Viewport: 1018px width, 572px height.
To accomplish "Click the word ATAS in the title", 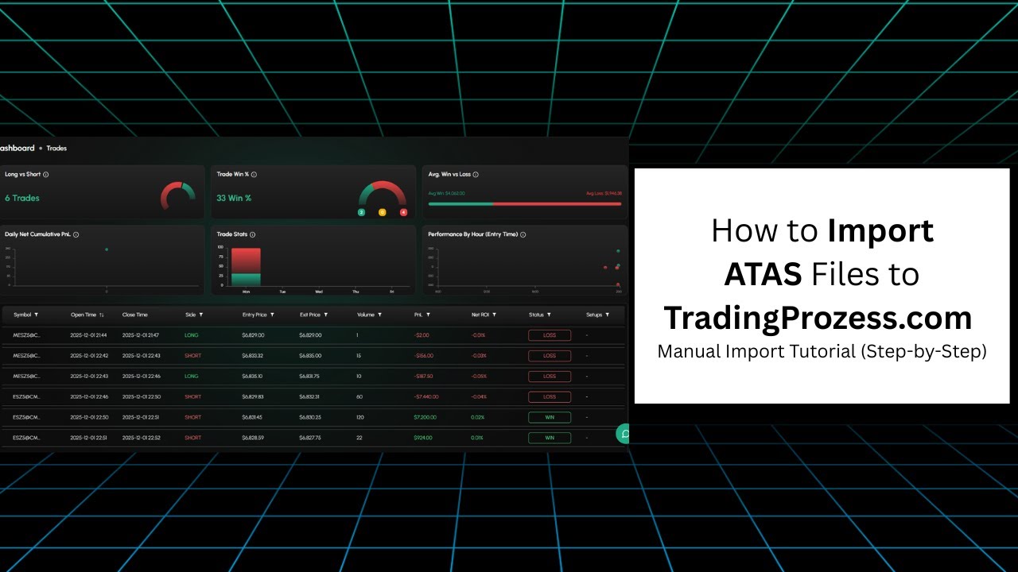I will pos(762,274).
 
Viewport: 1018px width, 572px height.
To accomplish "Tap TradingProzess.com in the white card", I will pos(818,318).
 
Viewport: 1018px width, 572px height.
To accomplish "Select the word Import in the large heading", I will pos(880,230).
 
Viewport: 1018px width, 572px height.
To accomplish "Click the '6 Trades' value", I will pos(22,198).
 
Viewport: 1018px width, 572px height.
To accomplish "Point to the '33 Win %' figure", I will pos(234,198).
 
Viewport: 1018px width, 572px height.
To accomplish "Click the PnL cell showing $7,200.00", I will pos(425,417).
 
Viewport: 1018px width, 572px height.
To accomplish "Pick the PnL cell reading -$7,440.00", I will pos(426,396).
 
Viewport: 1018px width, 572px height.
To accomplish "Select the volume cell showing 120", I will pos(362,417).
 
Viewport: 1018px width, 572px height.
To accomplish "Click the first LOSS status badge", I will pos(550,335).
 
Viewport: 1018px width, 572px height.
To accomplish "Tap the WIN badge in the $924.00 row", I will pos(550,438).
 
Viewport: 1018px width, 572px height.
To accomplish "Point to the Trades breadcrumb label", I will pos(56,149).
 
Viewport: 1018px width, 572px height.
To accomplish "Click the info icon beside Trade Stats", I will pos(252,235).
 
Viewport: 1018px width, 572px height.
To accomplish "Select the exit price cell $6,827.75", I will pos(310,438).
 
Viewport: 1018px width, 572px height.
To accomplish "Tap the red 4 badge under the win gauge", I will pos(403,212).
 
